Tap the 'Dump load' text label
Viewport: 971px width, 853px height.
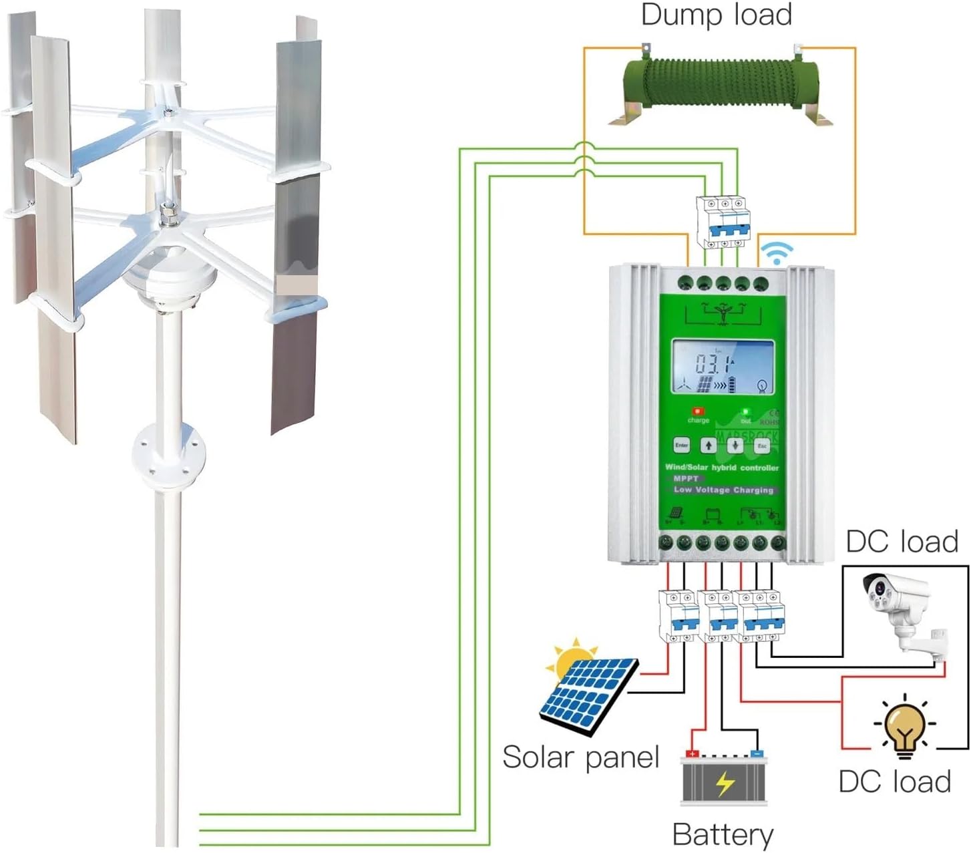[717, 15]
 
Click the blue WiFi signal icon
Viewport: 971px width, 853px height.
[778, 253]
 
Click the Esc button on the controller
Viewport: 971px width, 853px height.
[762, 446]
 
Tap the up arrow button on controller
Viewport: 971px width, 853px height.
[708, 446]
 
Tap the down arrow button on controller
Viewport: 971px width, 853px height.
[735, 446]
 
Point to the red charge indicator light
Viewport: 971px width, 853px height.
[699, 411]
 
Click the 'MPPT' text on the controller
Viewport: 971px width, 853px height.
[685, 478]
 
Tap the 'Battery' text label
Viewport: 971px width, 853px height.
[723, 834]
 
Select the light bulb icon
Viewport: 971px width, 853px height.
[905, 728]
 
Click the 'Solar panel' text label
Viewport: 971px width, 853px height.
[580, 757]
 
